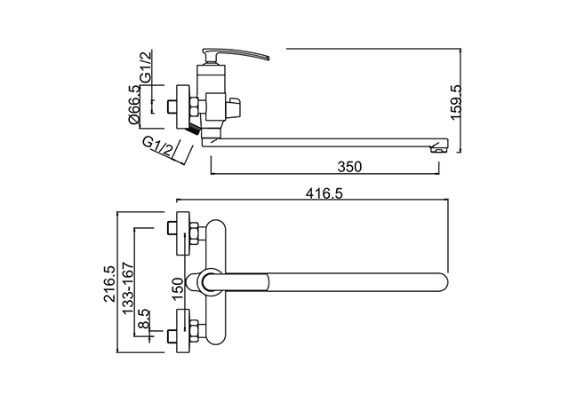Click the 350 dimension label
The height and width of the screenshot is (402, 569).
click(x=349, y=167)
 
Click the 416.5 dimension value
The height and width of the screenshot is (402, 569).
click(x=324, y=193)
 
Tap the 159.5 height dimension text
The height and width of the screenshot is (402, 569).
click(x=455, y=102)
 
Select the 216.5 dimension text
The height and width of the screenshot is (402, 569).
click(x=109, y=284)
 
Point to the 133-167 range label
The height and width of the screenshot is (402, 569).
click(x=128, y=288)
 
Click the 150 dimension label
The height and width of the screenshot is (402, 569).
click(x=178, y=289)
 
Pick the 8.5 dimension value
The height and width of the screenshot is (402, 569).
click(x=144, y=319)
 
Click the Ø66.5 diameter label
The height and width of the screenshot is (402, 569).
click(x=133, y=105)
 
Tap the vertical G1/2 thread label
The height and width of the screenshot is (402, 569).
click(x=146, y=67)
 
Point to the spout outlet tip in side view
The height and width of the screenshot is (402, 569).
click(x=439, y=148)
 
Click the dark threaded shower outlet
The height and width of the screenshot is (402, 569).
click(x=192, y=128)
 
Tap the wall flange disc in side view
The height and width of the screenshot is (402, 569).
click(x=183, y=106)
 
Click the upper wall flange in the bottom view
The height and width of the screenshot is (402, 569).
click(x=183, y=233)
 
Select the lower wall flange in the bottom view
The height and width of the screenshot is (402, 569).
click(x=183, y=331)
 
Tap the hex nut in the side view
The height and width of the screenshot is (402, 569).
click(x=194, y=106)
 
